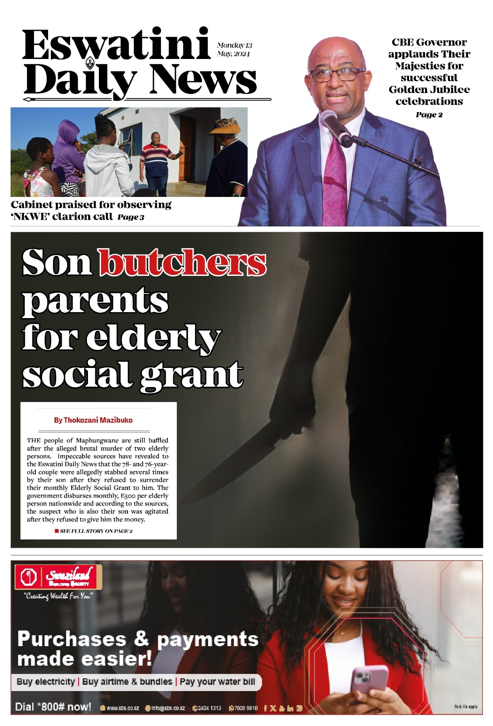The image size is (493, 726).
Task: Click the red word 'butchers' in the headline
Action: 182,263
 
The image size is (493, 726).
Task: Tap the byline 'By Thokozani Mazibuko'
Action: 93,420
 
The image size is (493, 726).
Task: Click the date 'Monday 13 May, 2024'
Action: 234,49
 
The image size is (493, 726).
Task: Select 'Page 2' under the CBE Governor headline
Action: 429,115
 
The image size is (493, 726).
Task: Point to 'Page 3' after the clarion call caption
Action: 131,217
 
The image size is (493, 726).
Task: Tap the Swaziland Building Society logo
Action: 58,578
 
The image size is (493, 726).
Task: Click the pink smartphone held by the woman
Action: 370,679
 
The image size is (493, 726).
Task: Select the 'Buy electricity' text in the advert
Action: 46,682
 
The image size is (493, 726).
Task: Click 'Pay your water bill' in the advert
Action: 217,682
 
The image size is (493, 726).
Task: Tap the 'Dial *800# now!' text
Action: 53,707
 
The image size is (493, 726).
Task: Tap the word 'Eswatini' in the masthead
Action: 116,45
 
